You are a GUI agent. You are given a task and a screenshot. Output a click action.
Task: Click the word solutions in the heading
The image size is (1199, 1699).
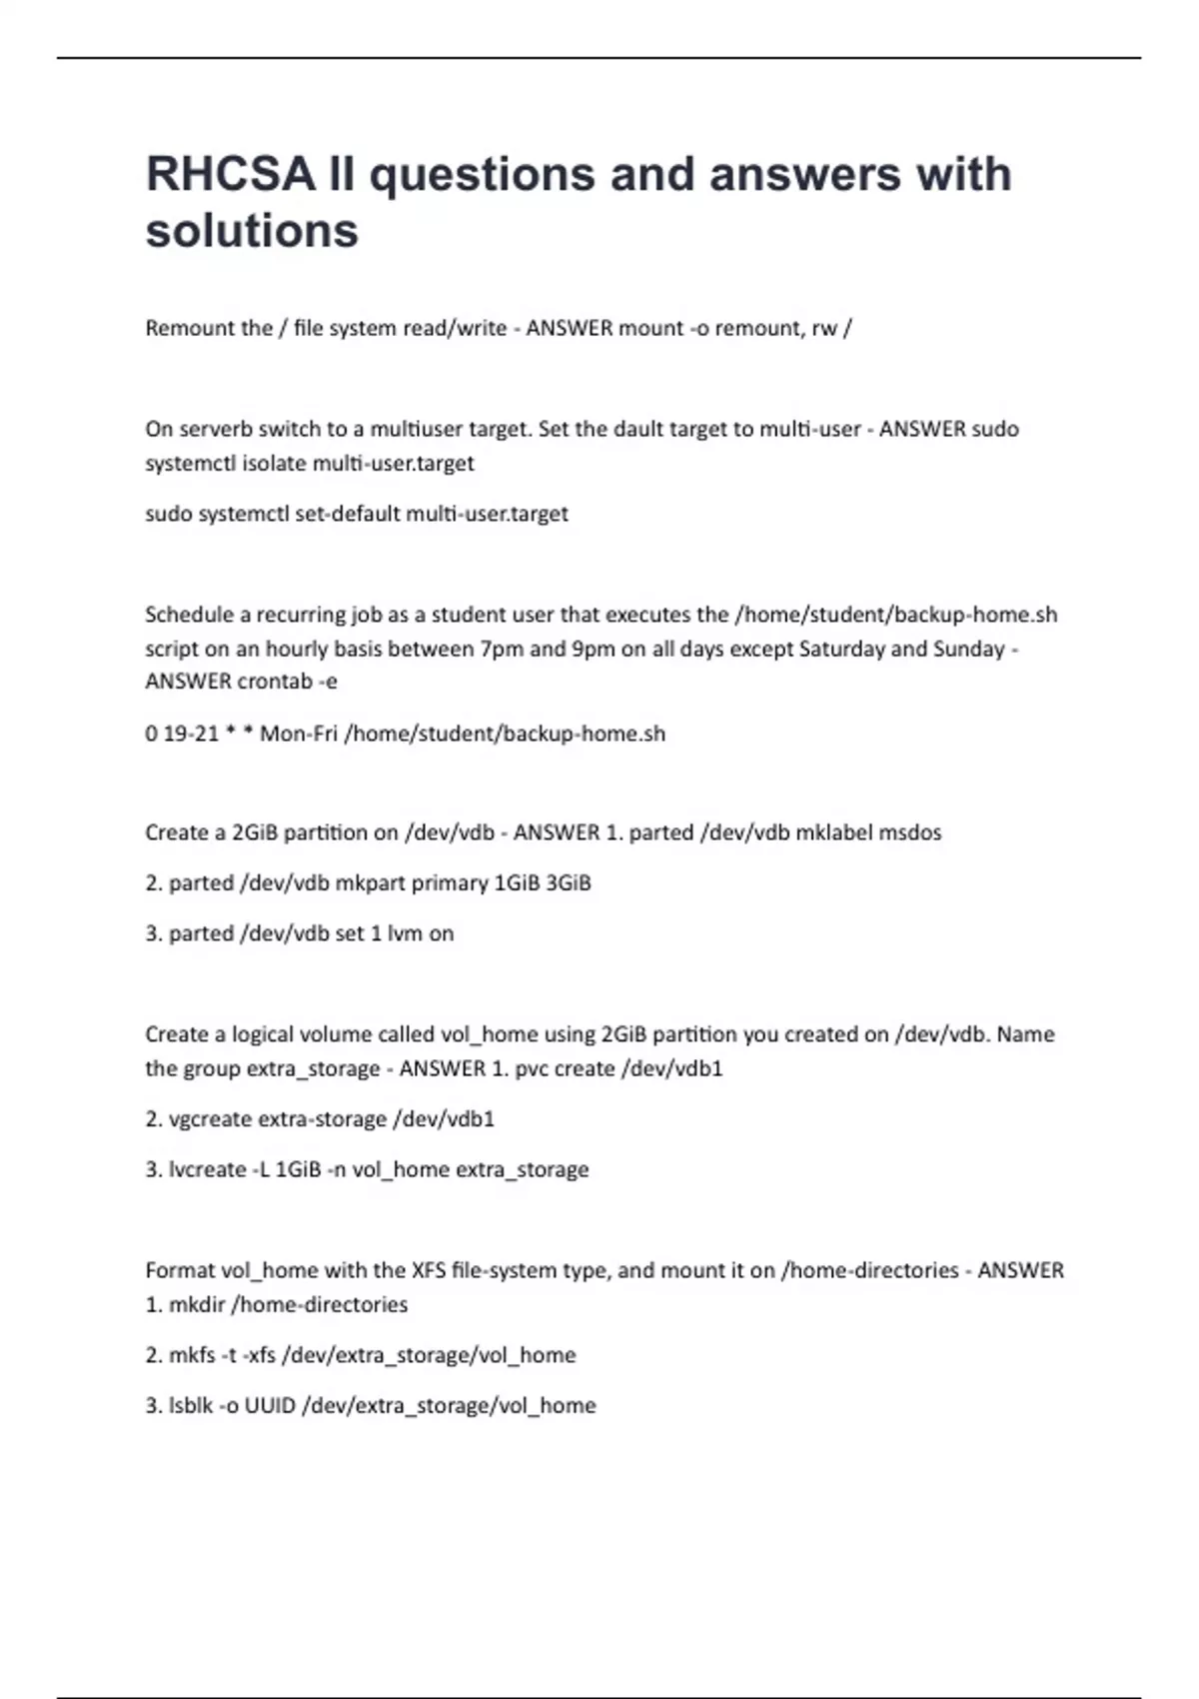252,231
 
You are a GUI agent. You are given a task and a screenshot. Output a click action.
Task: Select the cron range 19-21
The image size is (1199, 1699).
191,734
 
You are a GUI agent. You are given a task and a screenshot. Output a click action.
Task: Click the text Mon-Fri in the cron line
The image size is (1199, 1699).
299,734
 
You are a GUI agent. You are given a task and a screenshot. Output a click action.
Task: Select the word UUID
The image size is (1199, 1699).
270,1406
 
